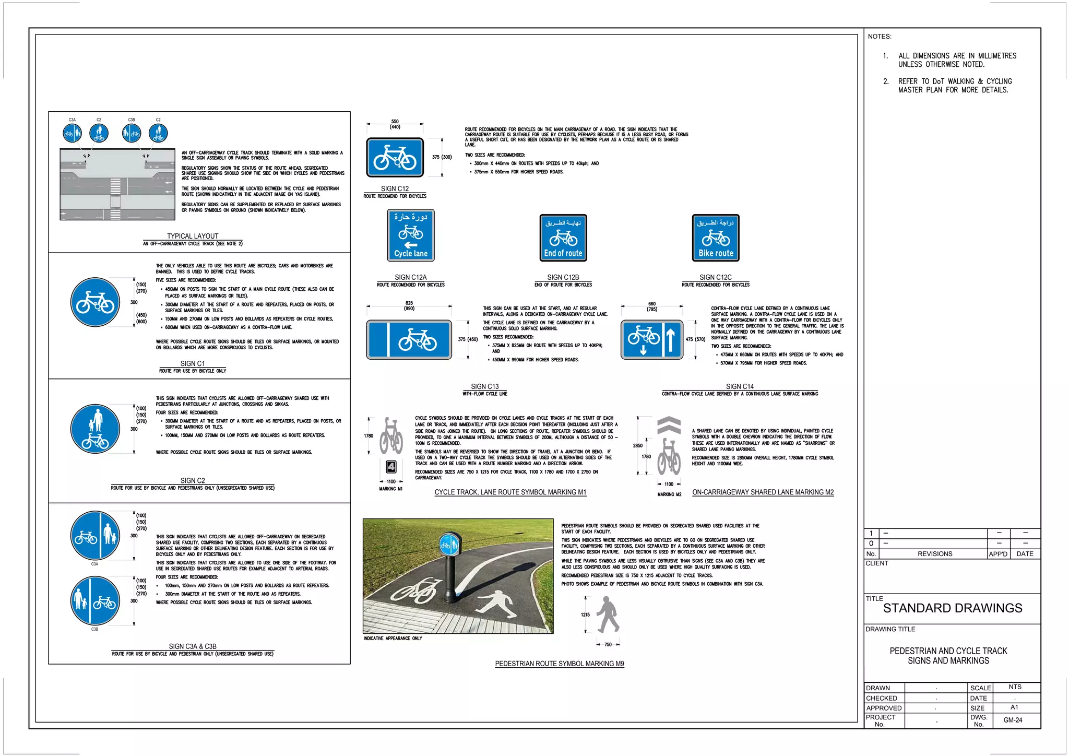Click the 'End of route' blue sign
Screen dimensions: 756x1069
tap(563, 238)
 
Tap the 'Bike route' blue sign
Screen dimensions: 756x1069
tap(716, 238)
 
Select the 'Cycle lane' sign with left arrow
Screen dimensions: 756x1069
tap(411, 235)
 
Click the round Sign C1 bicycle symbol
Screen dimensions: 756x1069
tap(95, 302)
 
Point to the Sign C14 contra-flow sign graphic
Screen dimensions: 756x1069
tap(652, 340)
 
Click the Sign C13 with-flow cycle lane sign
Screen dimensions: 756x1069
tap(409, 340)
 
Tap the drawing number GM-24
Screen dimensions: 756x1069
tap(1013, 720)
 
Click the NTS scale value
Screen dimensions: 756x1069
tap(1015, 687)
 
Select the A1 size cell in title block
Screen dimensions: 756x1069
tap(1014, 707)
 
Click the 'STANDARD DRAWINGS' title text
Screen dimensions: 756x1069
tap(953, 608)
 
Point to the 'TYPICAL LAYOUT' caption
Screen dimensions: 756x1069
tap(193, 236)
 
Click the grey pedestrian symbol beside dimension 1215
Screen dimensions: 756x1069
tap(608, 615)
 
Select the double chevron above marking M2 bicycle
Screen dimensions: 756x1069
tap(669, 426)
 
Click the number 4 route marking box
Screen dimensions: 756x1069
tap(391, 467)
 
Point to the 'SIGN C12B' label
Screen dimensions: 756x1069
tap(563, 277)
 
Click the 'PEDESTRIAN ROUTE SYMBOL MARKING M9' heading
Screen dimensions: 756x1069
tap(560, 664)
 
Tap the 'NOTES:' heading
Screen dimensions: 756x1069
tap(880, 37)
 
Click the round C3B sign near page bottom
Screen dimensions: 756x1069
tap(95, 601)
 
